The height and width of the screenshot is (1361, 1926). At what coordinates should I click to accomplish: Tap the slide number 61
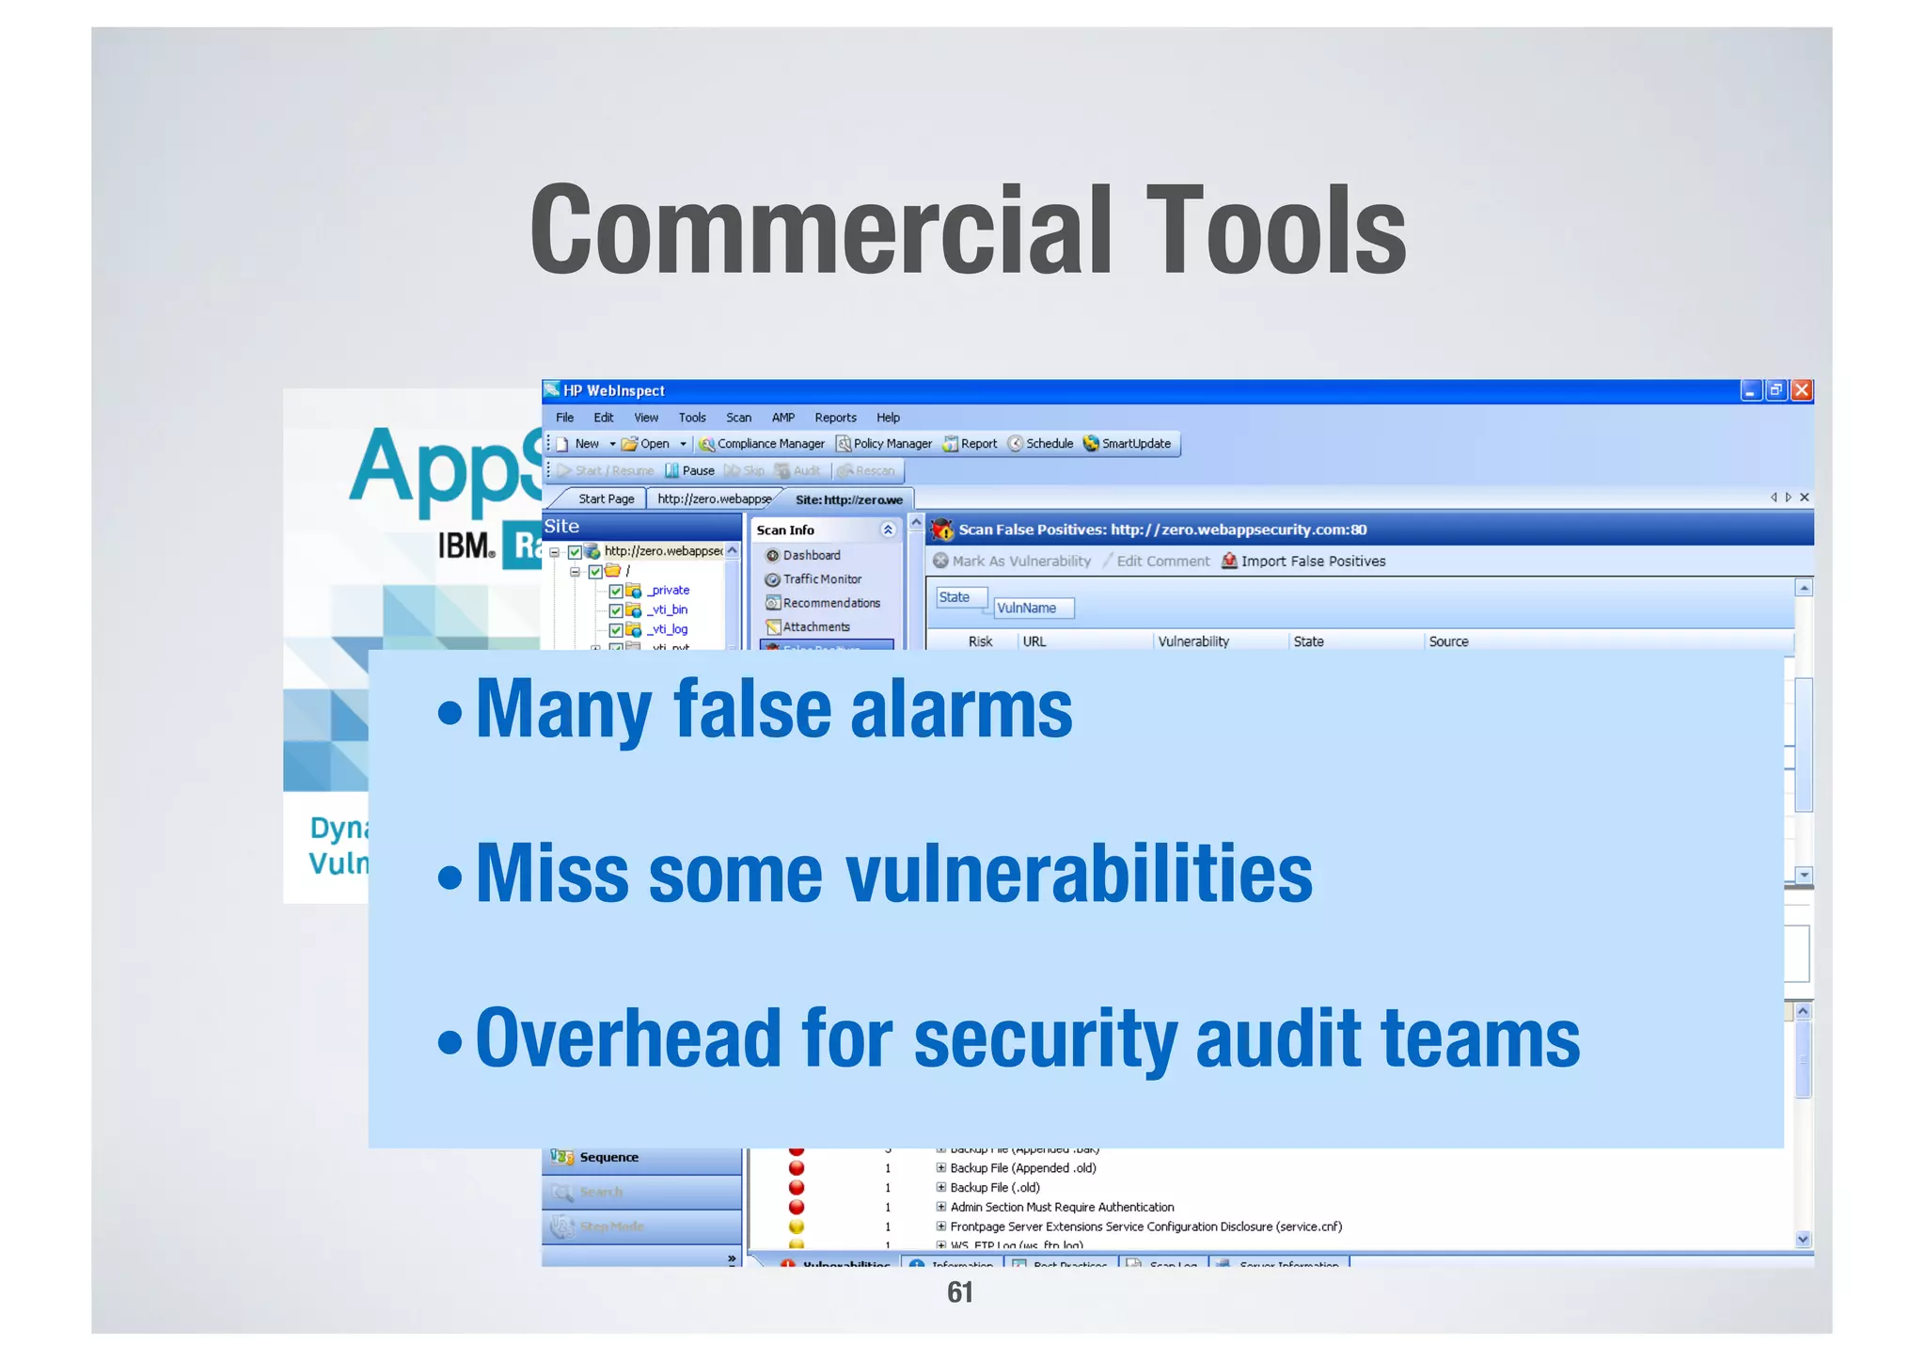click(x=959, y=1292)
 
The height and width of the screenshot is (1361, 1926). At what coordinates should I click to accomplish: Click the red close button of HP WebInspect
click(x=1801, y=390)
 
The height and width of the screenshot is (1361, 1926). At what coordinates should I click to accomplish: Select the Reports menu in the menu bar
click(x=835, y=418)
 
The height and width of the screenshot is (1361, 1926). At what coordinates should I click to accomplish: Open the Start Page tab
click(x=606, y=499)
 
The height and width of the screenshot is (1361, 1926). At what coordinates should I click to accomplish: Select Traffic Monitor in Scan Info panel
click(x=821, y=579)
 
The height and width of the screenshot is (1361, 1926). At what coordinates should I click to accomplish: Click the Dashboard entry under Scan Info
click(x=811, y=556)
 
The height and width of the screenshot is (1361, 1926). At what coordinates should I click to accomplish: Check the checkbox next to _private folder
click(x=616, y=591)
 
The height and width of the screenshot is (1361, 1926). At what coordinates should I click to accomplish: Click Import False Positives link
click(x=1312, y=562)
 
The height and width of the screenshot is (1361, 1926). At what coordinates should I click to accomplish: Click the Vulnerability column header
click(x=1192, y=641)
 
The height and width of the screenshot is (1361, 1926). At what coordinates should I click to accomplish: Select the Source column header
click(x=1447, y=641)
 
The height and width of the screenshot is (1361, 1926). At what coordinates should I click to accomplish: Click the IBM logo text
click(x=466, y=546)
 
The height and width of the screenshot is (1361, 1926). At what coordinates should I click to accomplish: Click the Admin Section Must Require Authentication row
click(x=1061, y=1207)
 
